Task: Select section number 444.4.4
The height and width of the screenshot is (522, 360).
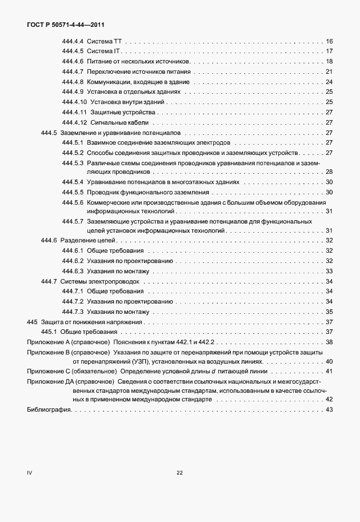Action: click(73, 42)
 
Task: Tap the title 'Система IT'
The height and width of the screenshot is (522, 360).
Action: click(103, 51)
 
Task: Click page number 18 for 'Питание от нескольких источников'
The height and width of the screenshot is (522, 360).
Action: click(329, 62)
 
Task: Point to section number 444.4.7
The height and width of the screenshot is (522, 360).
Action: click(73, 71)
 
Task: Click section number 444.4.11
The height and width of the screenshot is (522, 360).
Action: click(74, 112)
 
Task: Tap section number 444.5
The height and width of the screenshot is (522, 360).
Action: click(49, 133)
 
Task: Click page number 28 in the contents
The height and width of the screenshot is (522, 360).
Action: click(329, 172)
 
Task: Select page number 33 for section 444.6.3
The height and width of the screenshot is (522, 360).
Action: click(329, 271)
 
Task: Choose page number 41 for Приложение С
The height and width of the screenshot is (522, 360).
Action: click(329, 372)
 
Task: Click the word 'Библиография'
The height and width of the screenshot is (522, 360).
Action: click(49, 410)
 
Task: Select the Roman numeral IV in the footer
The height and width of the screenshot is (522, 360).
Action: click(30, 472)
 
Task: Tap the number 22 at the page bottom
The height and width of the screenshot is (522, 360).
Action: click(179, 472)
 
